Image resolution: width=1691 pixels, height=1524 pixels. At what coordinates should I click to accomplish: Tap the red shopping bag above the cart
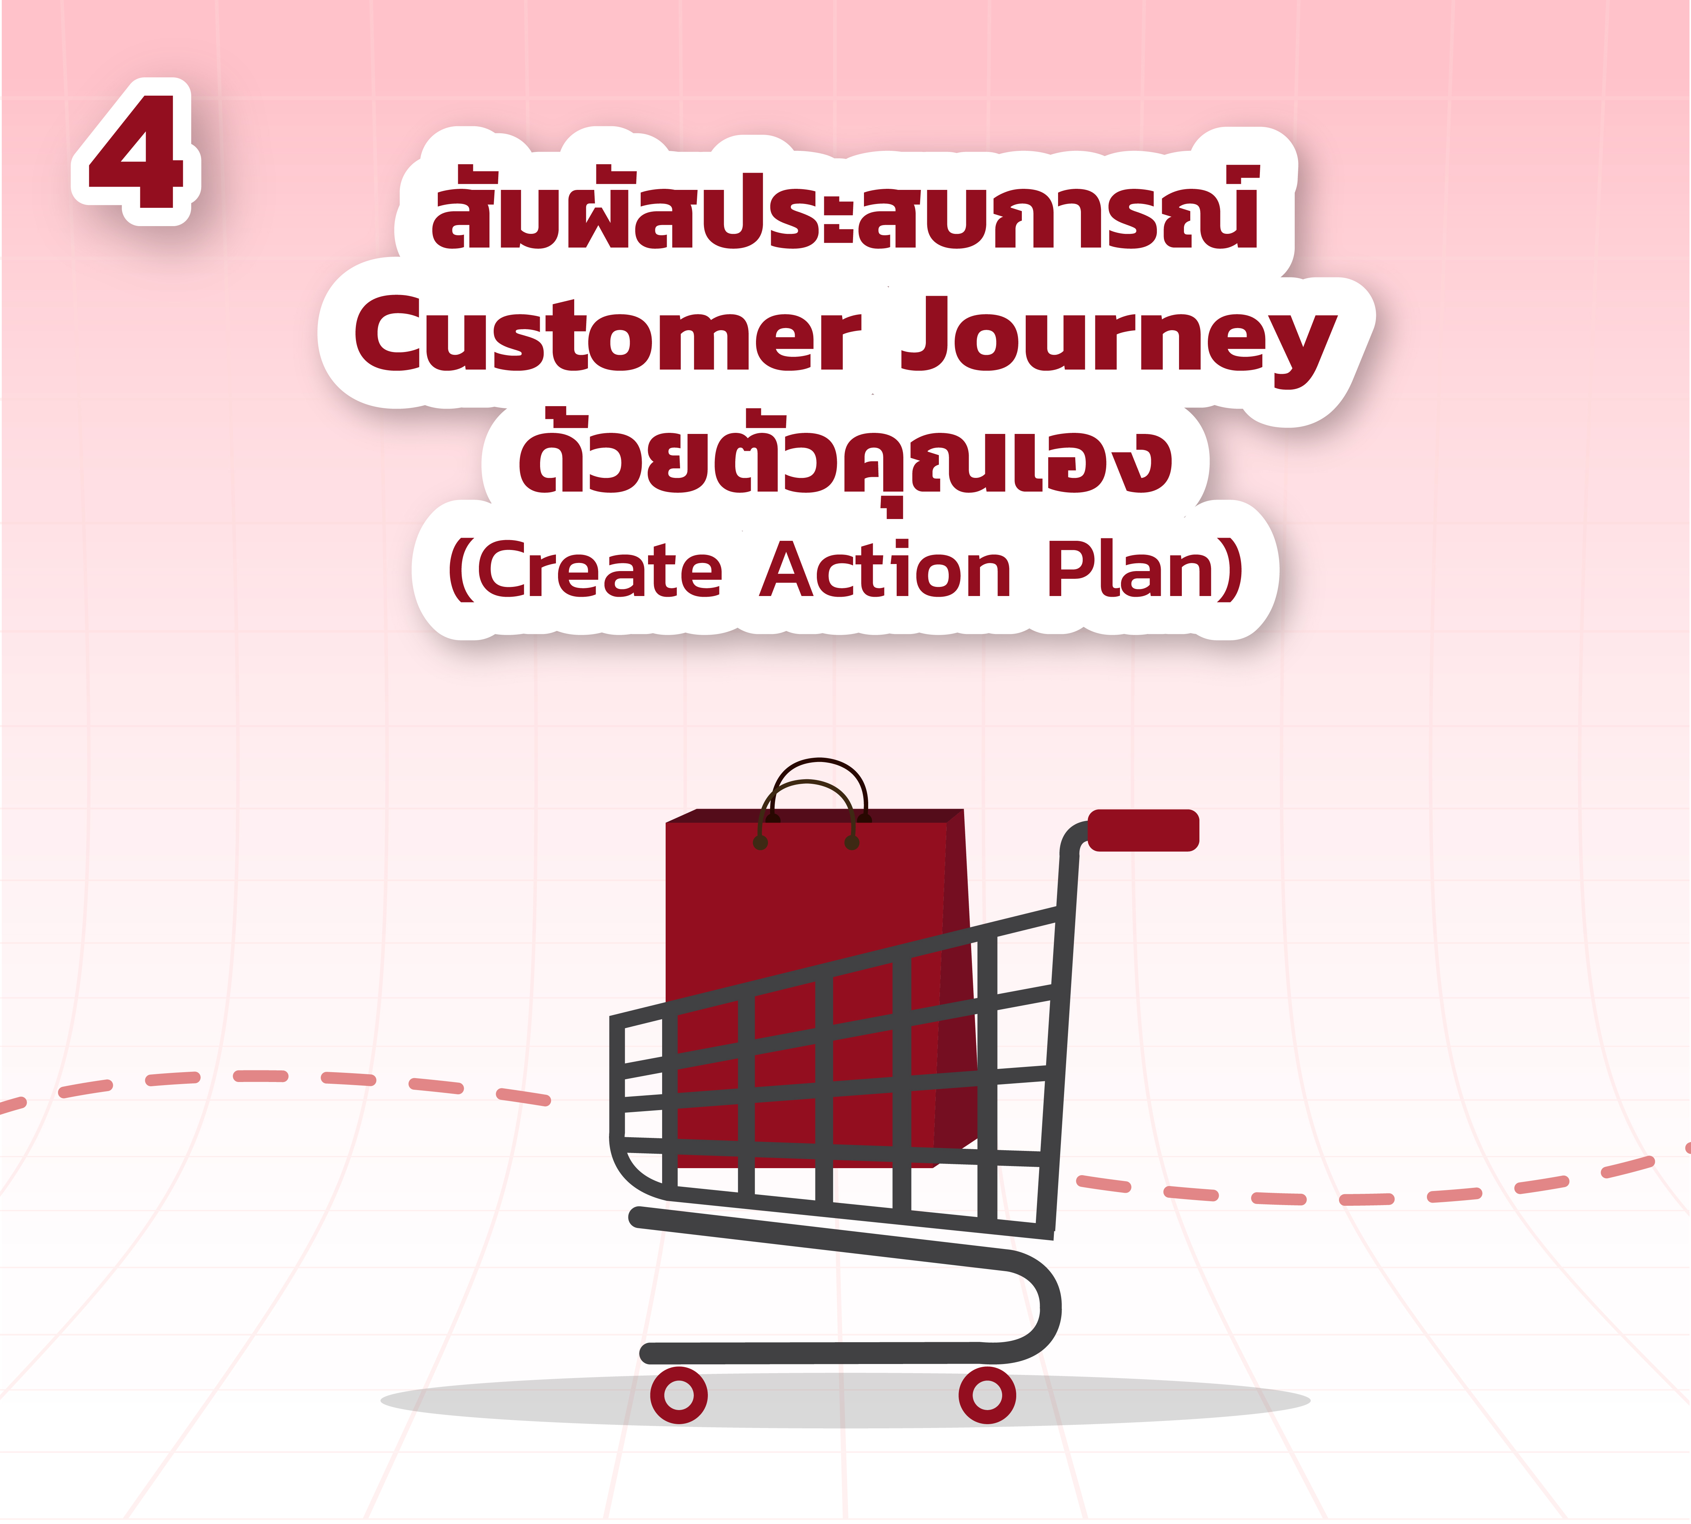[820, 988]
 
